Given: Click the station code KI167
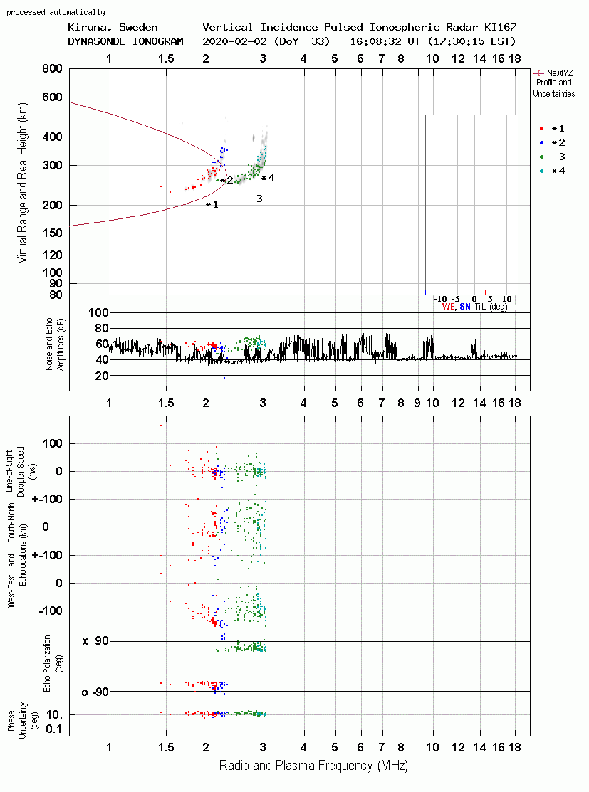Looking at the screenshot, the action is [501, 27].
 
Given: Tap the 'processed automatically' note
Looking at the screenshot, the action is [56, 12].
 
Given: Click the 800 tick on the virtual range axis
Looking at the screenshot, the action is [53, 69].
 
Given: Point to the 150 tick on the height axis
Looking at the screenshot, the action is [53, 233].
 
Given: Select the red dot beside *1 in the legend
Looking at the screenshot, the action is [541, 129].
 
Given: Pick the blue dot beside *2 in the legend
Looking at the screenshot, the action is [541, 143].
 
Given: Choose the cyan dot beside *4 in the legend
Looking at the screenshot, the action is [541, 171].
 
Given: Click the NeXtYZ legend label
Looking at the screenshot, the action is [560, 73].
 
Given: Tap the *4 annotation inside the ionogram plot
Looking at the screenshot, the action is [268, 179].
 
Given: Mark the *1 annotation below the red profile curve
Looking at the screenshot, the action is [212, 204].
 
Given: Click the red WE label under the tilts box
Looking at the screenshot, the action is [449, 307].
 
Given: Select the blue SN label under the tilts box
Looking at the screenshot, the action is [465, 307].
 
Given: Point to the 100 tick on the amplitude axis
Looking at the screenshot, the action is [98, 312].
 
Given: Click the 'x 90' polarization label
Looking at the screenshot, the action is [95, 641].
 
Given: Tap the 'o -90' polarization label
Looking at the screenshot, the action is [95, 692].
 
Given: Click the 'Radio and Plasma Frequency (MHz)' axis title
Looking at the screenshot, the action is [313, 766].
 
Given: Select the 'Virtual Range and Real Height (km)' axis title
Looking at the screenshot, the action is [22, 183].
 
